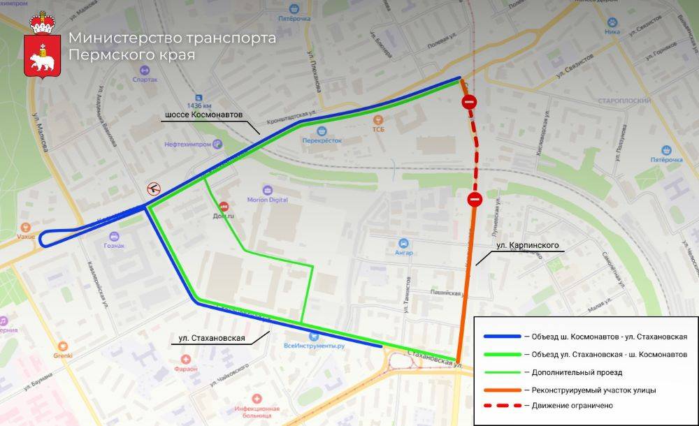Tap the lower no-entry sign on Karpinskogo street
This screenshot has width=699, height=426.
(x=474, y=200)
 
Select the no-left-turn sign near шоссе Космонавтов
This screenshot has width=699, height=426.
(x=153, y=188)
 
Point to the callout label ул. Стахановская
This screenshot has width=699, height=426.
(x=211, y=339)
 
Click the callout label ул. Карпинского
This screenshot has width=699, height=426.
(x=527, y=246)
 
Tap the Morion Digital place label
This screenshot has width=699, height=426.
(x=268, y=200)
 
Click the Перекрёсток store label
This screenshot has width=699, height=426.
(x=322, y=140)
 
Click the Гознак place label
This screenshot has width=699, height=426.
(x=114, y=245)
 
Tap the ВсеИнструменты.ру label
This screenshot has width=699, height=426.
(x=315, y=346)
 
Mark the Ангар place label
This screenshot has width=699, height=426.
(x=403, y=252)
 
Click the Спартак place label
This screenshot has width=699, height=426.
(x=145, y=79)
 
